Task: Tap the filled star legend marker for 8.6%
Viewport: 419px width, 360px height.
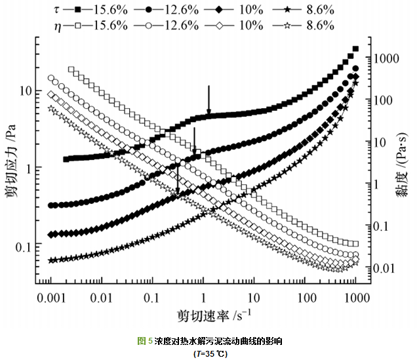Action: click(287, 10)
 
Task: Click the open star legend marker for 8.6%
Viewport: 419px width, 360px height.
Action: click(287, 26)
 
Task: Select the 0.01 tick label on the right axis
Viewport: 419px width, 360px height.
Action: click(388, 268)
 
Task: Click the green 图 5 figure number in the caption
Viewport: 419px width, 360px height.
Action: click(144, 341)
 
